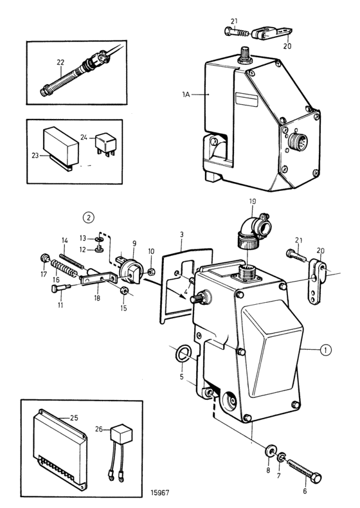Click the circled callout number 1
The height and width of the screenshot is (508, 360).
[x=326, y=350]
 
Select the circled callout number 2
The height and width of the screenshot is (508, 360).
[x=89, y=217]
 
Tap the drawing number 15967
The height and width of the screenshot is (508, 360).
[x=159, y=493]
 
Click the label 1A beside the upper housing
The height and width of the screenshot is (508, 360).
[x=186, y=95]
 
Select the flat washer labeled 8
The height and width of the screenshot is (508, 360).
[x=269, y=451]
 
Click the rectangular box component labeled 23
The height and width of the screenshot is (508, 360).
[x=61, y=147]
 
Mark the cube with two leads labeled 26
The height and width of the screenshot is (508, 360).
[x=119, y=452]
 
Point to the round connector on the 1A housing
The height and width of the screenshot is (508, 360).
[x=298, y=142]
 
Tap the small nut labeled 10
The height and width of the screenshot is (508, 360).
[x=150, y=271]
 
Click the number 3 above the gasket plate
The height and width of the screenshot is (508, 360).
[x=181, y=235]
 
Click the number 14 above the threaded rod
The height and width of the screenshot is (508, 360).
[x=65, y=240]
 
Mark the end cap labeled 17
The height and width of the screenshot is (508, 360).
[x=45, y=259]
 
